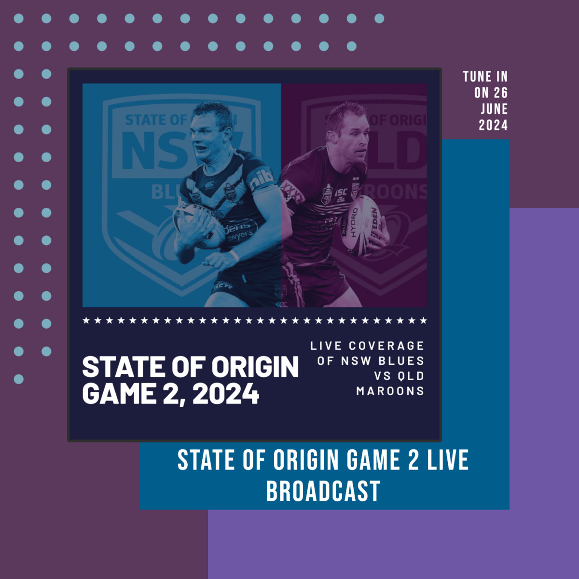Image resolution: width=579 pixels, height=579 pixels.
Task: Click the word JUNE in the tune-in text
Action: point(494,109)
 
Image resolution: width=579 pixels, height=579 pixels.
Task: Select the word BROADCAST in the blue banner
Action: point(323,490)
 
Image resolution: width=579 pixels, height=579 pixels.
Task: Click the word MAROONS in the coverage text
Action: point(390,391)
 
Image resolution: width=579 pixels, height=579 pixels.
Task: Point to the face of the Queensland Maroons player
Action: point(347,136)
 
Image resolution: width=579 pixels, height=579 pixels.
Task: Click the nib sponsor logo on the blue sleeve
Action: point(261,179)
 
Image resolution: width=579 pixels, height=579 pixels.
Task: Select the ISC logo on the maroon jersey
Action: point(341,193)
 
